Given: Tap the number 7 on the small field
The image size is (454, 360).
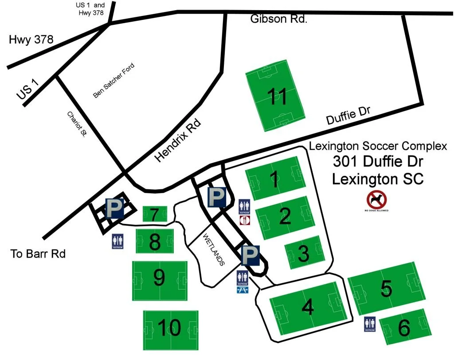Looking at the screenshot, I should (154, 215).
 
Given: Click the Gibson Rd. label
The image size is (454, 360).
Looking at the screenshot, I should (278, 19).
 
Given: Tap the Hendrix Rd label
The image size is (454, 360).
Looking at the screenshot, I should (178, 141).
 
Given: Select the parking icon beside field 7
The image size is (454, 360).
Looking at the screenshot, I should (114, 208).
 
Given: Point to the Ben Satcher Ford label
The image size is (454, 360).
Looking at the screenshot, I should (113, 81).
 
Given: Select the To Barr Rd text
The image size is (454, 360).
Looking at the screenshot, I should (38, 254).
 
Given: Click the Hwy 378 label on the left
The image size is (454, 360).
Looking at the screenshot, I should (31, 40).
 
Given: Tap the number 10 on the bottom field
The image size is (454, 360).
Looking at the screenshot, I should (169, 329).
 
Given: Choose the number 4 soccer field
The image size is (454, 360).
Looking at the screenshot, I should (308, 307).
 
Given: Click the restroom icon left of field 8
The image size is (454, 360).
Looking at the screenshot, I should (118, 241).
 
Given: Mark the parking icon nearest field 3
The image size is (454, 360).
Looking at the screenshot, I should (250, 254).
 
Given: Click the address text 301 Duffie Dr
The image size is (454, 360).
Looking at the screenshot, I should (378, 162).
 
